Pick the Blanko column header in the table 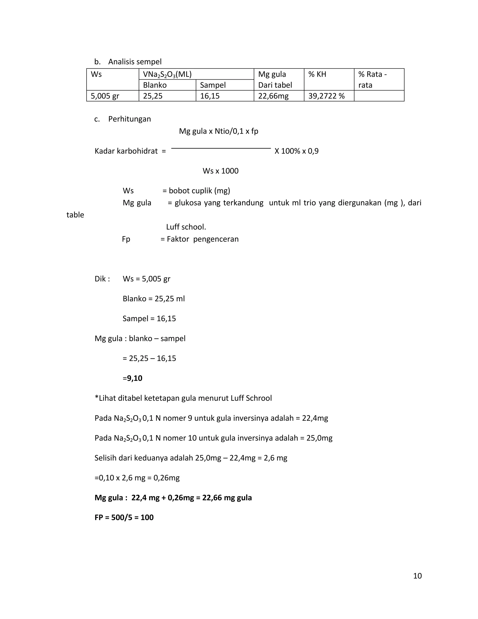(155, 85)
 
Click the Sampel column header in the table (213, 85)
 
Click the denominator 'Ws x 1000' (221, 171)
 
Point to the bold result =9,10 (133, 378)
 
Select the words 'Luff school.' (186, 227)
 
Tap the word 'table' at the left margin (75, 215)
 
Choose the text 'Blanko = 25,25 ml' (154, 299)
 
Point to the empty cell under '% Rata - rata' (379, 96)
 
